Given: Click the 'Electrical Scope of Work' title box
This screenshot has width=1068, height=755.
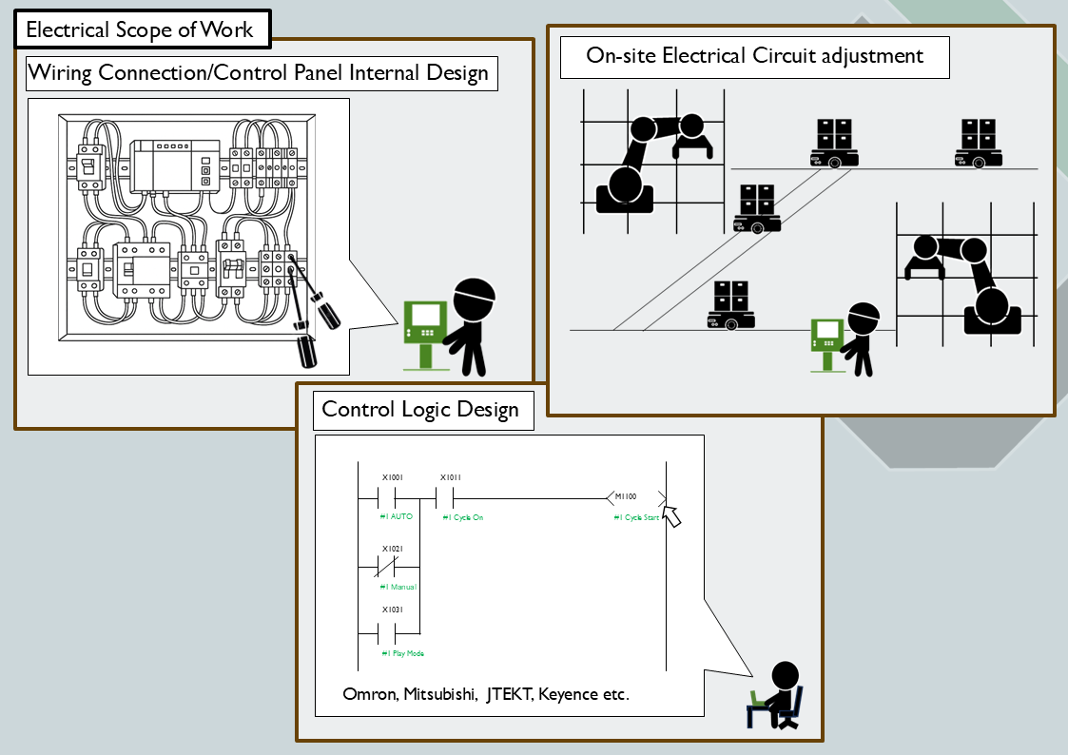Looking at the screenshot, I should (x=140, y=29).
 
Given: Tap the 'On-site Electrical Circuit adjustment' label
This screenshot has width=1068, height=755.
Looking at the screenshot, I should (x=754, y=55).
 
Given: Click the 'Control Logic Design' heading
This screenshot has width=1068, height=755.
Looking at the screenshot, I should (x=420, y=409).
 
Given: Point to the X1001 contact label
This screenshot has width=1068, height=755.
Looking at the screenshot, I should (x=393, y=477).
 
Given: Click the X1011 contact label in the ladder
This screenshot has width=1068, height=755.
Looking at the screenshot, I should (x=451, y=477).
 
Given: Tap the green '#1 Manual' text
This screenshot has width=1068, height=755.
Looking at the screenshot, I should (x=398, y=587).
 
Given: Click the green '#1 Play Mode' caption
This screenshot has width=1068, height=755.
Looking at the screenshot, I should (x=401, y=653).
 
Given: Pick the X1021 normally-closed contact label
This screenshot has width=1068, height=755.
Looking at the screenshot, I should (x=393, y=549).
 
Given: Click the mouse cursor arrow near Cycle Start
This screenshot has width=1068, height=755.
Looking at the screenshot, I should (x=673, y=516).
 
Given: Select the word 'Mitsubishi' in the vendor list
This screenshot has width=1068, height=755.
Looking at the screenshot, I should (x=439, y=694).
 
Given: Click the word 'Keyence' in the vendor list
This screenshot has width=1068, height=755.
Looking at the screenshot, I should (x=567, y=694).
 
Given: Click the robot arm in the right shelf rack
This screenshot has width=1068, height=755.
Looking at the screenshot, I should (x=965, y=281).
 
